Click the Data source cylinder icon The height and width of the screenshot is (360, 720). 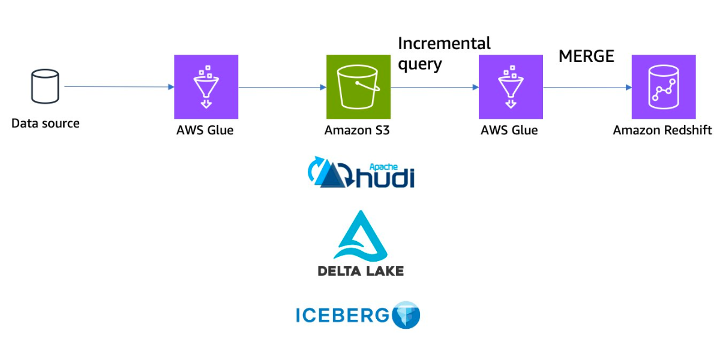coord(45,86)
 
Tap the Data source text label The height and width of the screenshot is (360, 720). coord(46,124)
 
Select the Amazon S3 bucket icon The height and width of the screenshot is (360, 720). coord(358,87)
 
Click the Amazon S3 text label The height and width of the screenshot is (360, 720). coord(357,130)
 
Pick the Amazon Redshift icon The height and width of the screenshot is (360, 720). coord(663,87)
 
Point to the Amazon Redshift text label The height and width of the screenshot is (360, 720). coord(662,130)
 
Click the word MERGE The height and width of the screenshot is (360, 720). coord(586,56)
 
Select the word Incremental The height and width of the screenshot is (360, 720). coord(444,44)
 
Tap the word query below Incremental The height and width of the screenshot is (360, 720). coord(420,64)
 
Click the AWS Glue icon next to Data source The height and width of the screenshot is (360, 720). coord(206,87)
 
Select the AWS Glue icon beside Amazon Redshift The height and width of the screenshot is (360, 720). coord(510,87)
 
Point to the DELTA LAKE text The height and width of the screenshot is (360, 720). coord(361,271)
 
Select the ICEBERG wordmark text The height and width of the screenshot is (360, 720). coord(343,315)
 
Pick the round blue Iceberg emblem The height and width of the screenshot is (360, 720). coord(406,315)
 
